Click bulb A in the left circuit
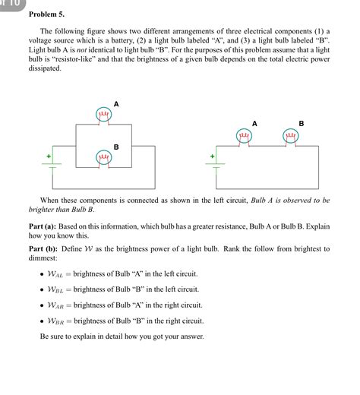(x=104, y=115)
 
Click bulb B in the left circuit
(x=104, y=157)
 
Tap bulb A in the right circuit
(x=245, y=136)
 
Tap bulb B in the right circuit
(x=290, y=136)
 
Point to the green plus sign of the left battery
(x=49, y=156)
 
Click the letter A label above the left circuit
(x=116, y=103)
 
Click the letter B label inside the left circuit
(x=116, y=146)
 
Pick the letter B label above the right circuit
(x=302, y=123)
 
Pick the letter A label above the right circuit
(x=254, y=123)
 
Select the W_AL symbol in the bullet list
(x=56, y=275)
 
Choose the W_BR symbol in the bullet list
(x=56, y=319)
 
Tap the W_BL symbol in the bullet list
(x=56, y=289)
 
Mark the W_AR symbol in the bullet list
(x=56, y=305)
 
